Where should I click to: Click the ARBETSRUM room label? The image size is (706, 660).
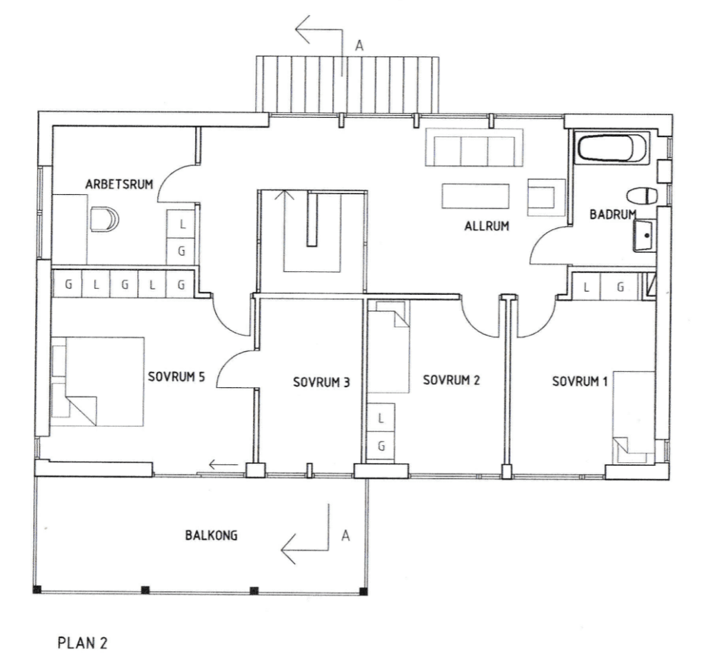tap(119, 184)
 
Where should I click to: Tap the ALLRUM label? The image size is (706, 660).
tap(487, 226)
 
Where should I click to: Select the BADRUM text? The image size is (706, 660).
tap(613, 214)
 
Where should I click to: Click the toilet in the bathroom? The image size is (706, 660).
tap(643, 196)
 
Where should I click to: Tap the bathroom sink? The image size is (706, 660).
tap(645, 236)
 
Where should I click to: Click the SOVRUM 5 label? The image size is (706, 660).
tap(176, 376)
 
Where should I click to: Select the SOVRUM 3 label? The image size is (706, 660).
tap(321, 382)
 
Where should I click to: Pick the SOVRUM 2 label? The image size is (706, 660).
tap(451, 380)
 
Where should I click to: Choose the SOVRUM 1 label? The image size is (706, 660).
tap(580, 382)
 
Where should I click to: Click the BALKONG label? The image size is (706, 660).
tap(211, 535)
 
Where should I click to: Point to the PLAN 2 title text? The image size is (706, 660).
tap(83, 643)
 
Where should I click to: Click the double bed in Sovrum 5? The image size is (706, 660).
tap(97, 382)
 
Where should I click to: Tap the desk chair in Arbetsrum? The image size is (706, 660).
tap(104, 219)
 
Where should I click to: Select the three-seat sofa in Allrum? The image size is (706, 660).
tap(474, 147)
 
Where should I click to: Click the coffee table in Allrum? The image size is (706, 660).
tap(476, 196)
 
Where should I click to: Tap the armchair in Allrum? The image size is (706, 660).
tap(546, 197)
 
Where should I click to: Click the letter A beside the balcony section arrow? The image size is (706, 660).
tap(345, 535)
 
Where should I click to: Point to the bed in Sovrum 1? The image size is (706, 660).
tap(633, 417)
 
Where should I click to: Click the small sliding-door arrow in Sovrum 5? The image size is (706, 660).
tap(223, 464)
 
